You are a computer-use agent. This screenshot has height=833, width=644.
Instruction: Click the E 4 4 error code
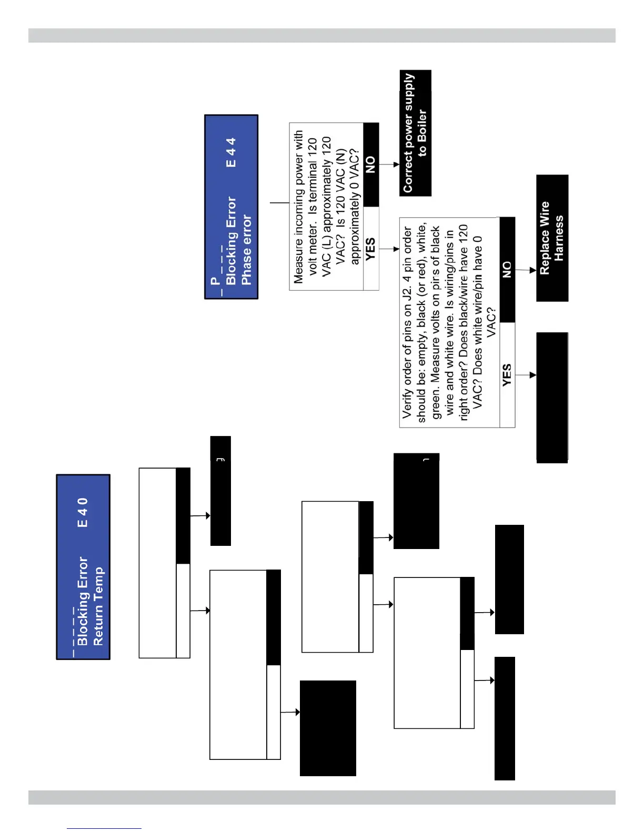click(231, 153)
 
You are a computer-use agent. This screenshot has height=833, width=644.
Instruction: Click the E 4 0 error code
click(83, 512)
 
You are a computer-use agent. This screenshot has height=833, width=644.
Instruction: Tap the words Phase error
click(246, 250)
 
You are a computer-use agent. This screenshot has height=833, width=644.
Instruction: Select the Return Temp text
click(98, 606)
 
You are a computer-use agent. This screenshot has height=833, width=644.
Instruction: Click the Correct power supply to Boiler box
click(415, 133)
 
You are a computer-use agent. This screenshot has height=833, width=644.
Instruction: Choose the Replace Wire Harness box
click(552, 238)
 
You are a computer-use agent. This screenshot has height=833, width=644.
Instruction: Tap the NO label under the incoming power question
click(370, 165)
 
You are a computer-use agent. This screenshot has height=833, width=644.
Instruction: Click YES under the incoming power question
click(370, 248)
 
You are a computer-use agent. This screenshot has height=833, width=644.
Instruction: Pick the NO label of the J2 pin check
click(507, 269)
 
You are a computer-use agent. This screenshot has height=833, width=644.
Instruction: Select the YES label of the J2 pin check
click(507, 375)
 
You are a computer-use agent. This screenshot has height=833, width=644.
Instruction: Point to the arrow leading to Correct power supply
click(389, 165)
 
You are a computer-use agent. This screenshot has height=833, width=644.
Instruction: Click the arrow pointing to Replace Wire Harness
click(526, 270)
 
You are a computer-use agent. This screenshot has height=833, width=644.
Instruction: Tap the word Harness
click(559, 238)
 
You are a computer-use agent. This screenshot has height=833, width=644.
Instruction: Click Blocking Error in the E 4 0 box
click(83, 601)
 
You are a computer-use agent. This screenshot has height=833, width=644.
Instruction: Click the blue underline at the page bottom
click(104, 828)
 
